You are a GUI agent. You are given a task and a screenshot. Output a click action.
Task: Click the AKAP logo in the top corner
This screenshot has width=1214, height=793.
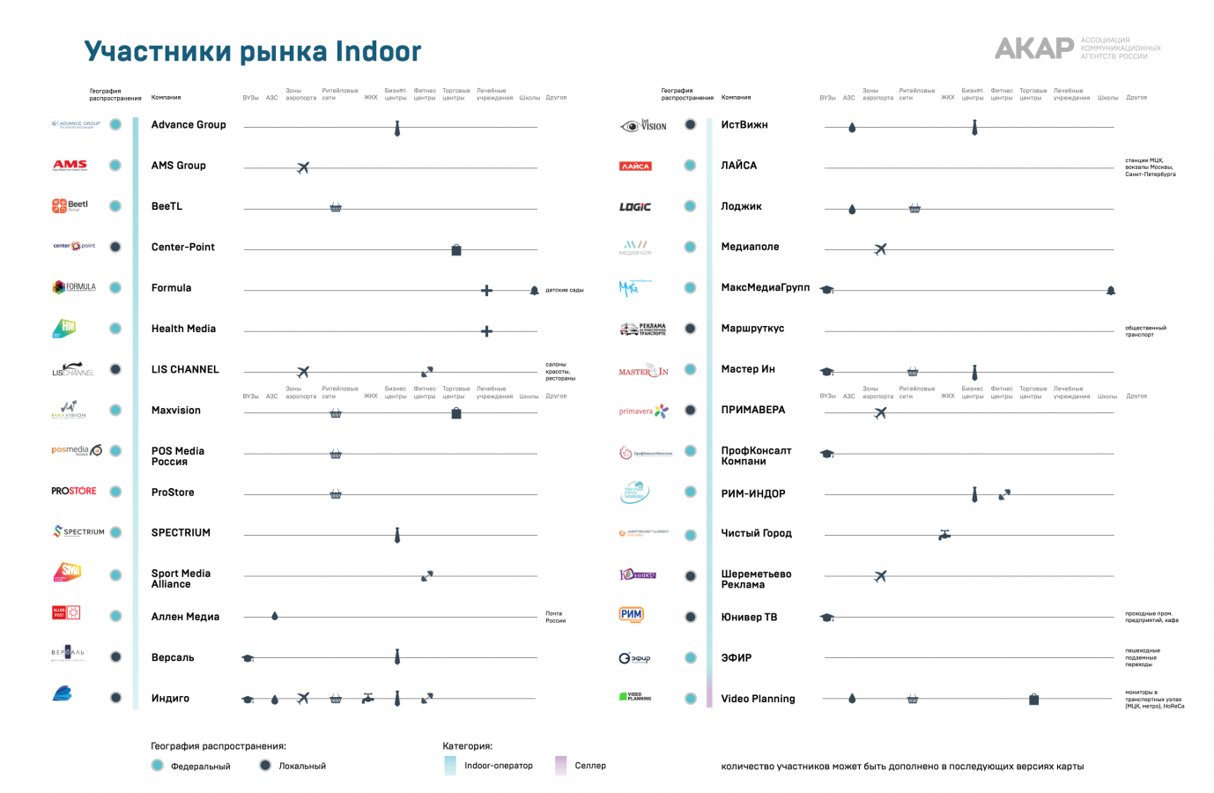pos(1034,48)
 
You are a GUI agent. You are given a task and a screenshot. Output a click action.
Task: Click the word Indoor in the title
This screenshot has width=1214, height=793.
pos(378,52)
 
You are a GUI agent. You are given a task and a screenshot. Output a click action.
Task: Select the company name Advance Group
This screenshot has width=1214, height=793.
pos(189,125)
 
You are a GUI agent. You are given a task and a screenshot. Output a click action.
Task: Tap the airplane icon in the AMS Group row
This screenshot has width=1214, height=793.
pos(303,167)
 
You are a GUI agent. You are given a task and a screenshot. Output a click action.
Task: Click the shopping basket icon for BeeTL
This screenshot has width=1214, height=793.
pos(336,208)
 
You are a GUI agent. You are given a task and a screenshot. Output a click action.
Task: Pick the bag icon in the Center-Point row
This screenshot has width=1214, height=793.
pos(456,250)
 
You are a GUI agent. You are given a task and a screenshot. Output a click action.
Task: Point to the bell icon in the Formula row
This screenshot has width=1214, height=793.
pos(534,290)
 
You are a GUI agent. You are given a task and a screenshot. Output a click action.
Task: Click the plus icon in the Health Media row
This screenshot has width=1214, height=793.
pos(486,331)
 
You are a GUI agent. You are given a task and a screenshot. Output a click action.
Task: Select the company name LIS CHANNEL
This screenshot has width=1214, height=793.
pos(185,370)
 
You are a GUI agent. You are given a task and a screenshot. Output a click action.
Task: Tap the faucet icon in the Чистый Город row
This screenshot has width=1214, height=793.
pos(944,535)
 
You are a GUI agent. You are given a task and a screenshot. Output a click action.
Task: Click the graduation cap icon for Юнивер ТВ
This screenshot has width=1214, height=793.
pos(826,618)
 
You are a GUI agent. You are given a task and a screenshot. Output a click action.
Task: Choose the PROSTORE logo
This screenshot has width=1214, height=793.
pos(74,491)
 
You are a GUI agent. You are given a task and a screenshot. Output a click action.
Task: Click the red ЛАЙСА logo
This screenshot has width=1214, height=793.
pos(635,167)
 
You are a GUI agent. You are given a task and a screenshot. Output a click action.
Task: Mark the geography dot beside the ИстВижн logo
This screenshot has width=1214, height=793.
pos(691,125)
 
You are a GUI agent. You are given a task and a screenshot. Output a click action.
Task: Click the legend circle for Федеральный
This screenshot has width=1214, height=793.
pos(157,765)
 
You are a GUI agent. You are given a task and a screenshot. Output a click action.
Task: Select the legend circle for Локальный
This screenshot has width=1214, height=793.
pos(265,765)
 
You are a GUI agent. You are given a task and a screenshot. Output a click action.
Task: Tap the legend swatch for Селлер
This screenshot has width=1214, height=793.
pos(560,765)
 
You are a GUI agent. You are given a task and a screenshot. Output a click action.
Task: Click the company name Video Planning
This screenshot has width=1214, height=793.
pos(758,699)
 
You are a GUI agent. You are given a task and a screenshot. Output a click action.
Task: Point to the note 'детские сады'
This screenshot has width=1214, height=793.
pos(564,290)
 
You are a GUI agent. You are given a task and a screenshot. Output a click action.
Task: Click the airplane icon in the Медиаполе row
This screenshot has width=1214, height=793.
pos(880,249)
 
